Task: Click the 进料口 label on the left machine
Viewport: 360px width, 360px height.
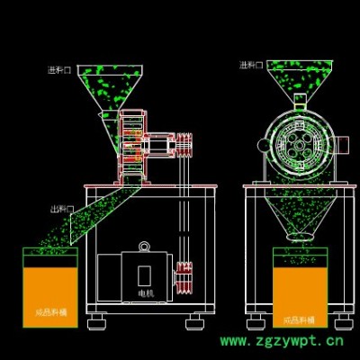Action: [x=60, y=69]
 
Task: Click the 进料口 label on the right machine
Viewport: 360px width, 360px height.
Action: [x=251, y=66]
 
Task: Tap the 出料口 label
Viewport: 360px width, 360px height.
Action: [x=62, y=210]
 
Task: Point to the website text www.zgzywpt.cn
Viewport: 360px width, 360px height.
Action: [x=283, y=342]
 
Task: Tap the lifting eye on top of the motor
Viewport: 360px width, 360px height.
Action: [x=144, y=246]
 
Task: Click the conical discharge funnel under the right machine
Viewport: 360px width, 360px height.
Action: [x=298, y=216]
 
